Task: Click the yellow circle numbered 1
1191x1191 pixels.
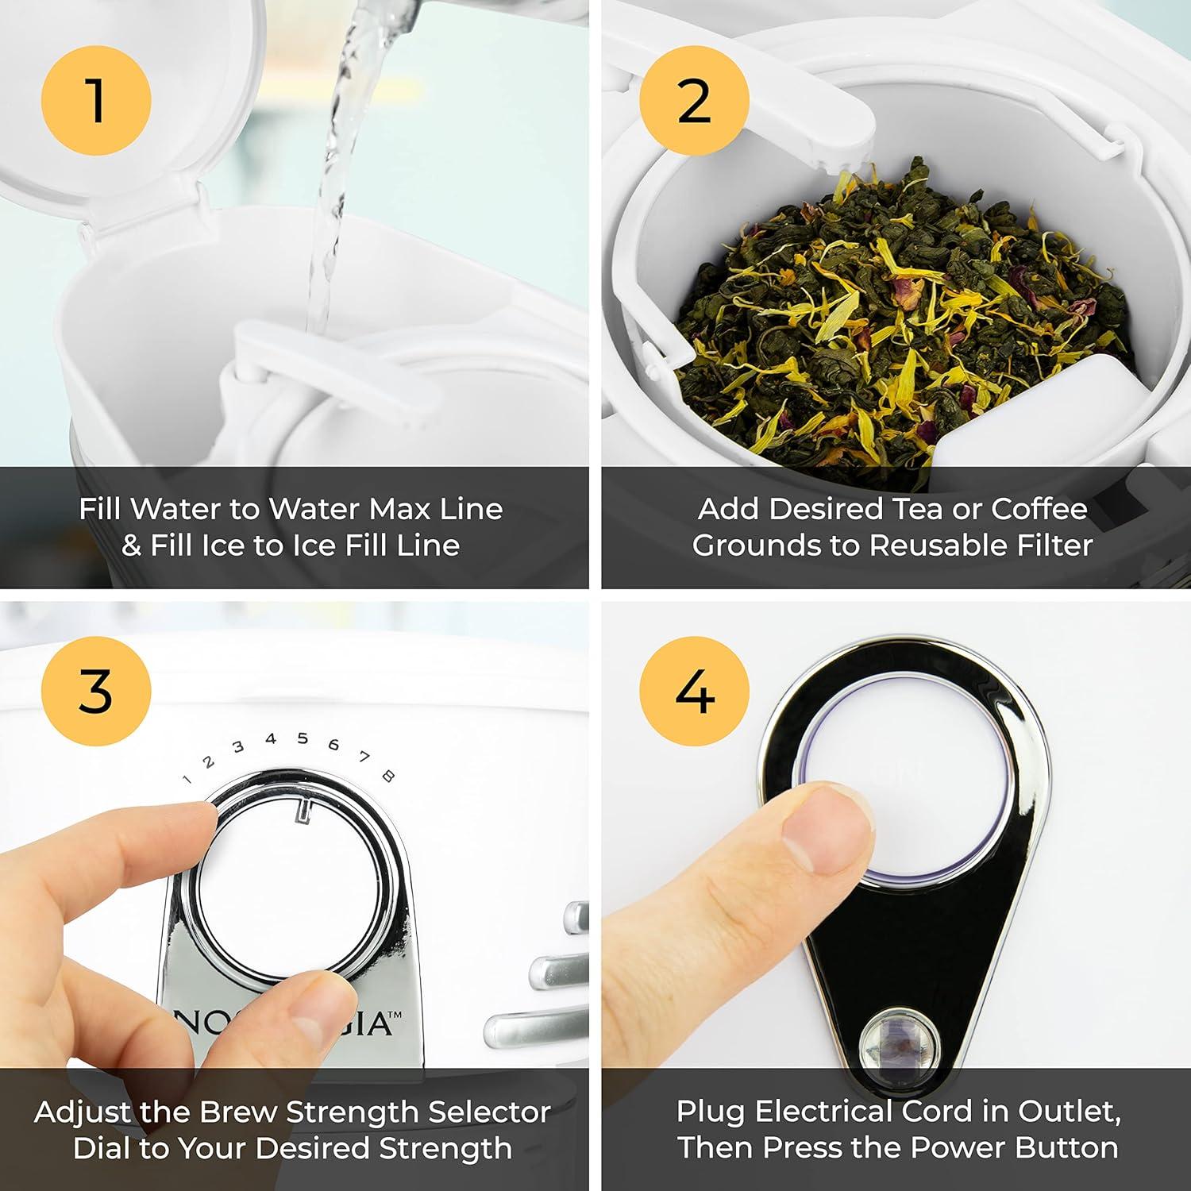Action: [x=96, y=100]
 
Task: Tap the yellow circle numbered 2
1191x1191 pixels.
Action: [x=694, y=100]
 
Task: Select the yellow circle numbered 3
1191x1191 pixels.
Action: [x=96, y=691]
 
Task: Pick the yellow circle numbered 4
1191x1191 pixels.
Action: [x=694, y=691]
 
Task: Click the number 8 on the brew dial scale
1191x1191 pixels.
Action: [x=388, y=776]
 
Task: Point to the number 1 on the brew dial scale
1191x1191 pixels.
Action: [x=187, y=779]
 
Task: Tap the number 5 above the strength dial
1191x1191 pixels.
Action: [x=303, y=738]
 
